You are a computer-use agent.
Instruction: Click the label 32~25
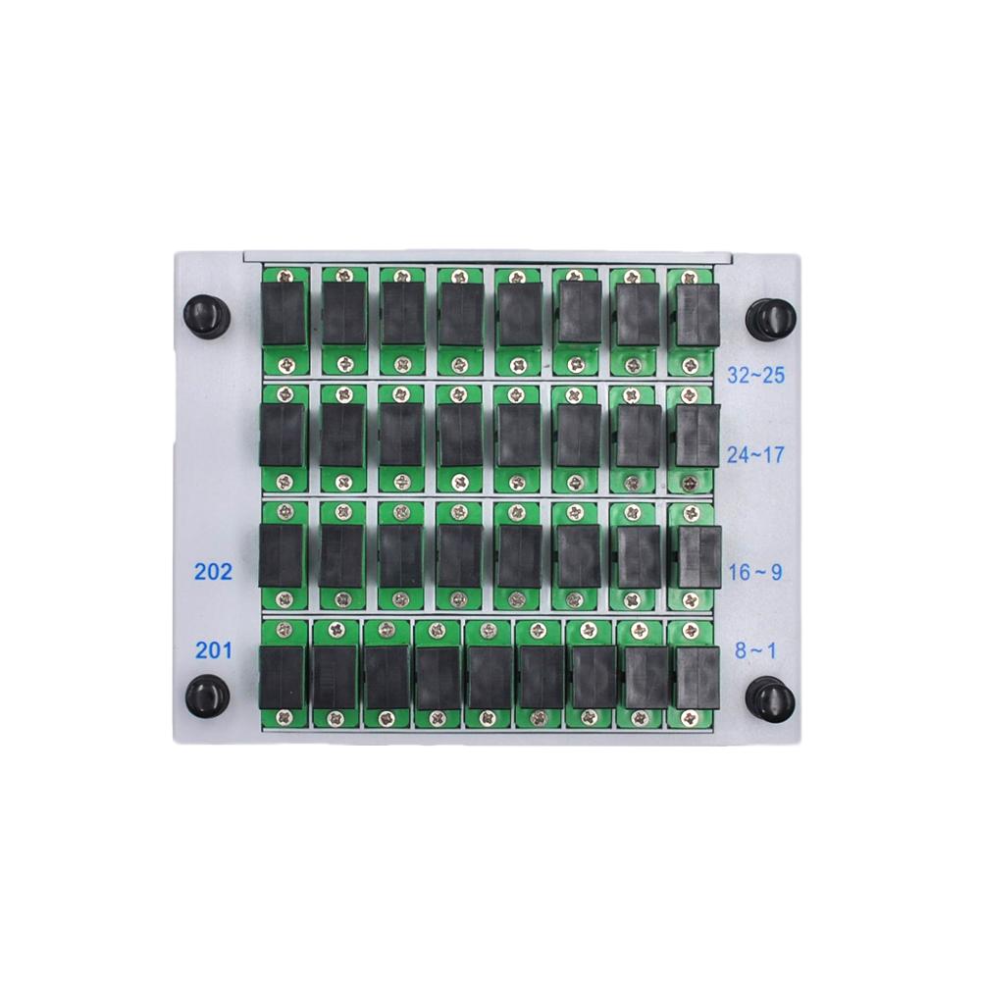pos(755,375)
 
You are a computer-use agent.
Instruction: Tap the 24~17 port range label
pos(755,454)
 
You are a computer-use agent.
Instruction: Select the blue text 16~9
pos(755,572)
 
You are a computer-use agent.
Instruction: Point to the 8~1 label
pos(755,649)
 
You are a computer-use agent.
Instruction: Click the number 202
pos(213,572)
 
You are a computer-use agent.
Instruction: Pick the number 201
pos(213,648)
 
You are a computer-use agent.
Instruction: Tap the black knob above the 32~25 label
pos(769,317)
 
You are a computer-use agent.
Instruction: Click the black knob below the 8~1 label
pos(769,698)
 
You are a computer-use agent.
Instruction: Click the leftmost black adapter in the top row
pos(284,314)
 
